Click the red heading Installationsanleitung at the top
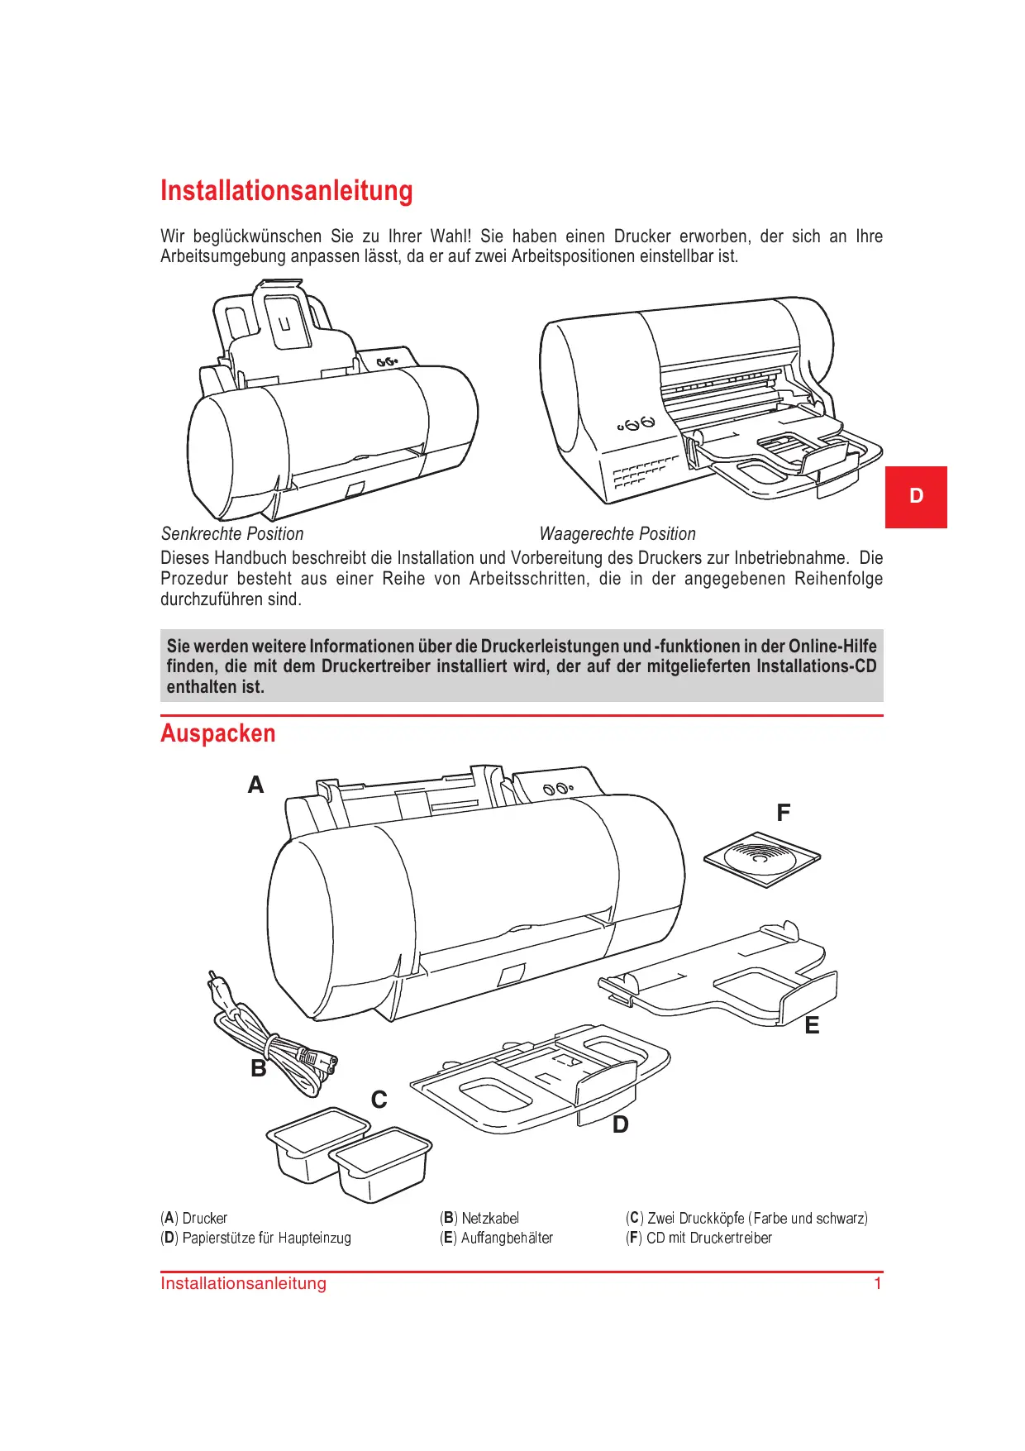(x=286, y=191)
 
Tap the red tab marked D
(x=916, y=497)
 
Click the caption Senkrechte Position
(x=232, y=534)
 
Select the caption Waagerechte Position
(x=617, y=534)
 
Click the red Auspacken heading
(x=217, y=734)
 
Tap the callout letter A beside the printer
(x=255, y=785)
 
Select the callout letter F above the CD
(x=783, y=814)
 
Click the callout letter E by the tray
(x=812, y=1026)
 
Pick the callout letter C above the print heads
(x=379, y=1100)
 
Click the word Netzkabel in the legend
(x=490, y=1219)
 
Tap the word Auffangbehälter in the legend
(x=507, y=1239)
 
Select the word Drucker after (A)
(x=204, y=1219)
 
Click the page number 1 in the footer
(x=878, y=1284)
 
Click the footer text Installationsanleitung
(x=243, y=1284)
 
